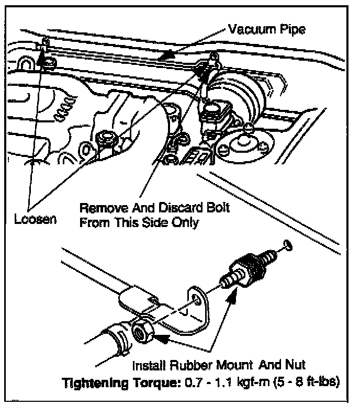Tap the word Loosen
[35, 218]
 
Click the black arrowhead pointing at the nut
[162, 339]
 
